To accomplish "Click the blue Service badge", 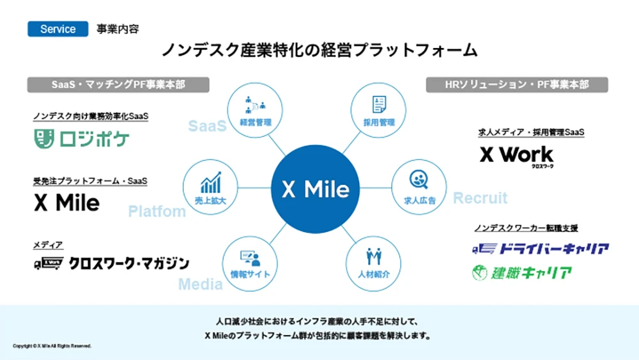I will tap(58, 29).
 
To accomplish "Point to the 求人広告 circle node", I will tap(420, 187).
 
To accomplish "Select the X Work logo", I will tap(516, 155).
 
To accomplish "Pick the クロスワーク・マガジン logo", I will tap(111, 263).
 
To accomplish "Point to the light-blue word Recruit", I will tap(480, 198).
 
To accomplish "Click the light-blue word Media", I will tap(200, 285).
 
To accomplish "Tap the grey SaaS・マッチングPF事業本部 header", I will tap(119, 84).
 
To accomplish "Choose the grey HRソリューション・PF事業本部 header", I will tap(517, 84).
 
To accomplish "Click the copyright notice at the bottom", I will tap(52, 346).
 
